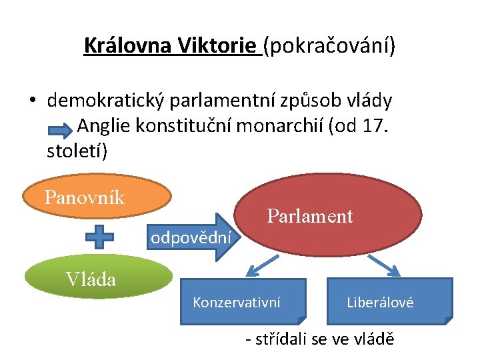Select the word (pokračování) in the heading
coord(329,46)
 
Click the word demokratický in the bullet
coord(106,101)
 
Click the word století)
coord(77,150)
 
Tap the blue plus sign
coord(98,237)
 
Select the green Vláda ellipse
coord(98,277)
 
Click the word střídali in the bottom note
coord(287,339)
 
